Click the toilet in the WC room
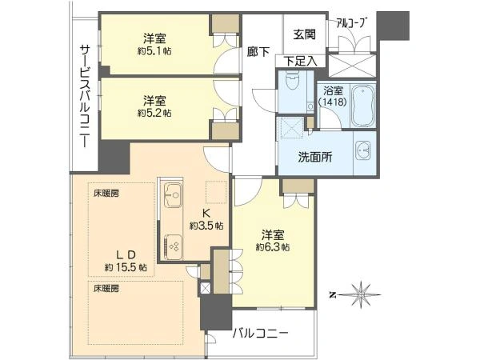(x=291, y=83)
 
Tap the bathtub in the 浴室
(x=363, y=106)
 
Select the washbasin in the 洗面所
(x=362, y=150)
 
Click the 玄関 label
(x=304, y=34)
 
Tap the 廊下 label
(x=258, y=52)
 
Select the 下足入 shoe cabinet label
(x=300, y=61)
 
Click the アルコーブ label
(x=351, y=23)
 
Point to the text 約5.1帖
(x=154, y=51)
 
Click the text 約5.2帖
(x=154, y=113)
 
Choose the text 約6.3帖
(x=273, y=246)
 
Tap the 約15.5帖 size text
(x=126, y=267)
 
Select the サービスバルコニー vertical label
(x=85, y=96)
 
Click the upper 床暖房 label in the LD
(x=106, y=194)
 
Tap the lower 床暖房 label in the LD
(x=106, y=288)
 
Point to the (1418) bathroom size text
(x=333, y=102)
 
